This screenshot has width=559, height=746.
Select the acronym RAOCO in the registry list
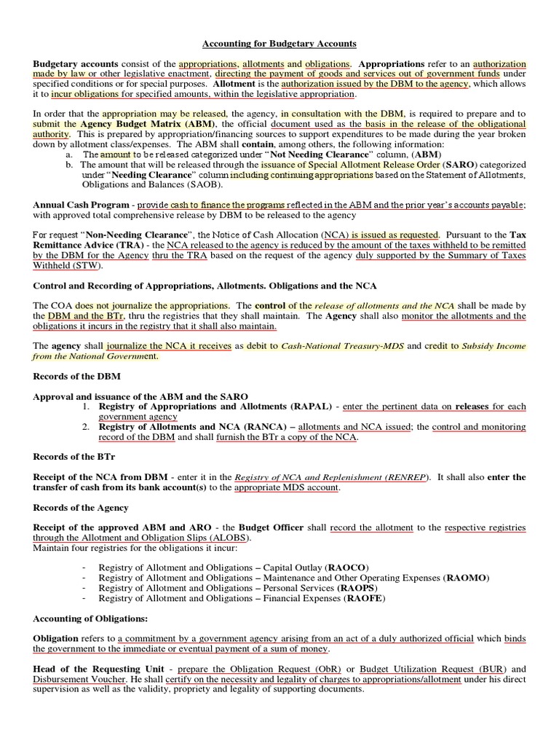coord(350,566)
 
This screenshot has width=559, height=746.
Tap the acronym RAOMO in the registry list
coord(467,577)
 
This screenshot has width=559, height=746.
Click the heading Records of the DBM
coord(77,377)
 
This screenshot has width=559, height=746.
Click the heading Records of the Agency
coord(81,507)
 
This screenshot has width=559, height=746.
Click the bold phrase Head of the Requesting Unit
coord(97,669)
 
